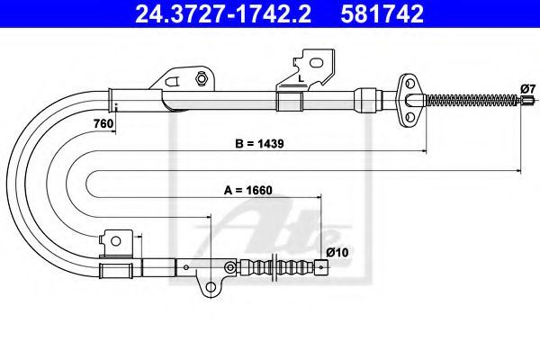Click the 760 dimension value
click(x=102, y=124)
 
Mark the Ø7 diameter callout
click(x=528, y=87)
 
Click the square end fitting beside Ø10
click(x=321, y=266)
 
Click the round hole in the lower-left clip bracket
click(x=114, y=239)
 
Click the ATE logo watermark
click(x=270, y=229)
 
